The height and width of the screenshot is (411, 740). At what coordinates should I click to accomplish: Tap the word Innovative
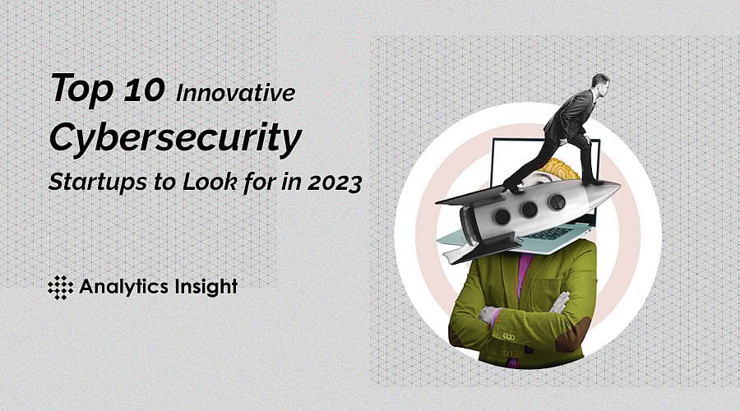(234, 93)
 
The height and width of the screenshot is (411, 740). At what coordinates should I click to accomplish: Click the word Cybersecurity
(174, 138)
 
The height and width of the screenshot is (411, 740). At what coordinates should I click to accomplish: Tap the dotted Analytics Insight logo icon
(60, 287)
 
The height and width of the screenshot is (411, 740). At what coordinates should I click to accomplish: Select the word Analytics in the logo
(123, 287)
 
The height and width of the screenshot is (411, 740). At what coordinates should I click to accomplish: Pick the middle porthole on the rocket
(528, 210)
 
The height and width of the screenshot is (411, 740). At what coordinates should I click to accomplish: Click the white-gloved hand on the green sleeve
(561, 302)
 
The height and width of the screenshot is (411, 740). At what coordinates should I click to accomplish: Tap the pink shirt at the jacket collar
(525, 267)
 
